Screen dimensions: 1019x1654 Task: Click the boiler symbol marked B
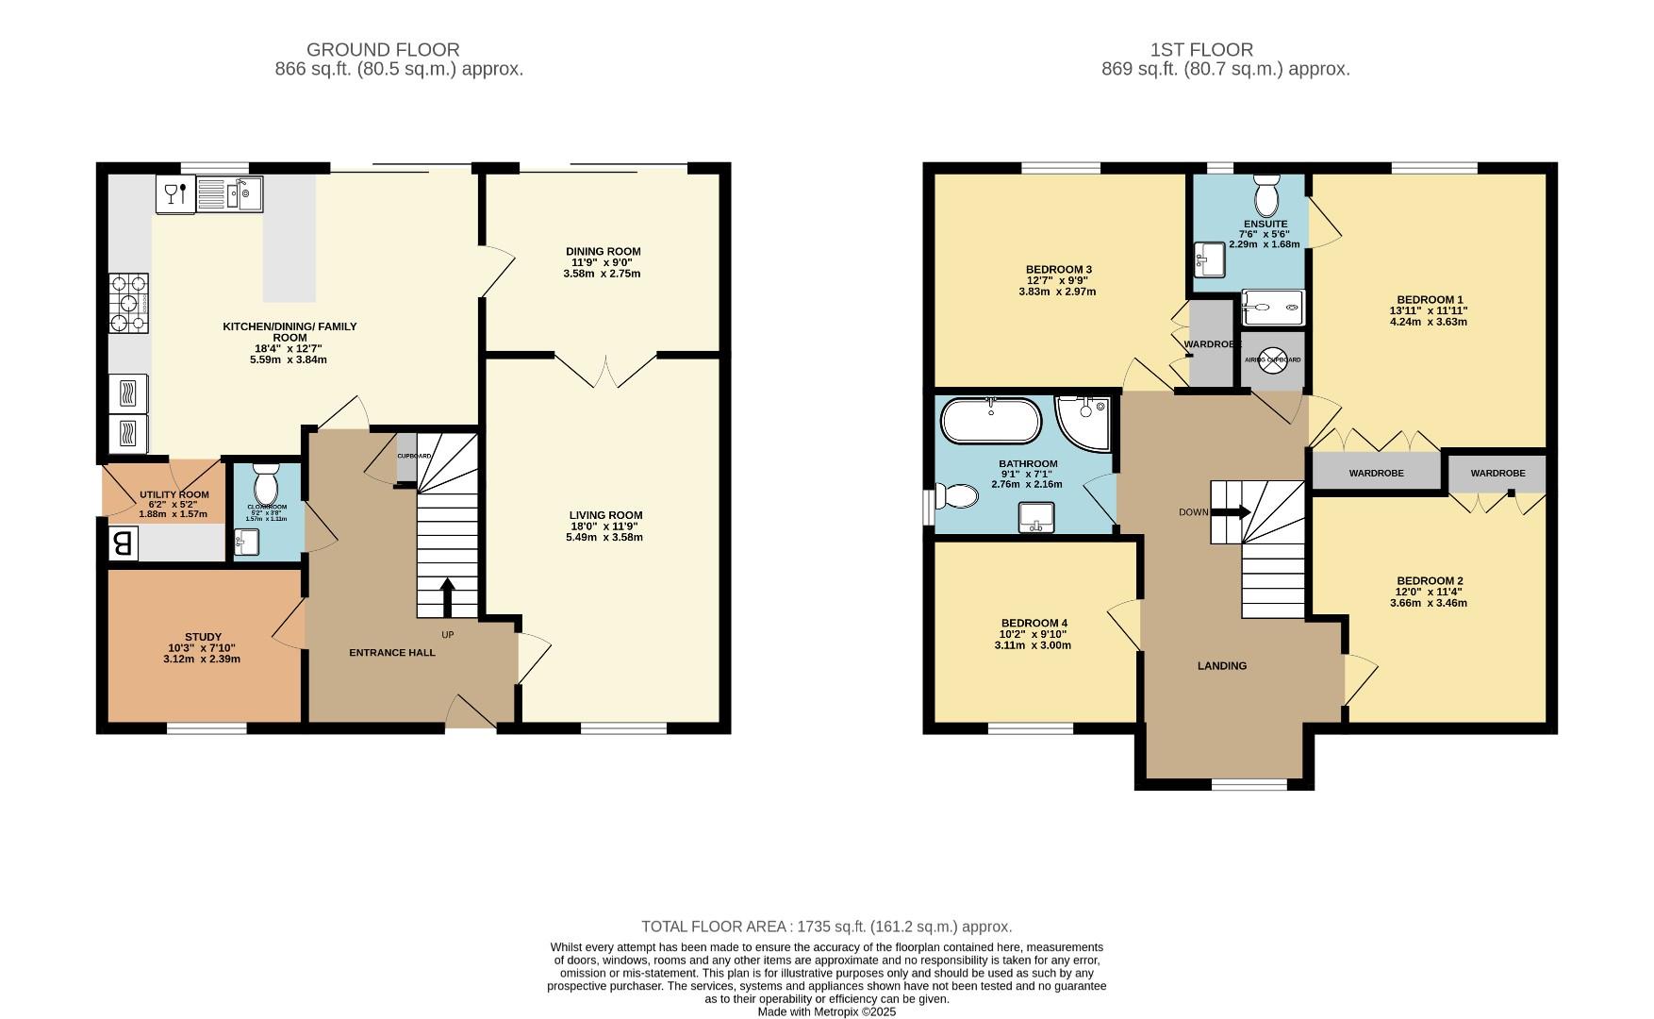click(x=123, y=543)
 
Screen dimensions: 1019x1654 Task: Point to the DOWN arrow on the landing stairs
click(x=1231, y=512)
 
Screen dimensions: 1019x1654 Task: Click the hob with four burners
click(x=129, y=304)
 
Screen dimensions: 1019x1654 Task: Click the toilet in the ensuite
click(x=1265, y=196)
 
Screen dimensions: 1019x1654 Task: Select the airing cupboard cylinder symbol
click(x=1272, y=359)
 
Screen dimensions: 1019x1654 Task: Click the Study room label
click(x=203, y=637)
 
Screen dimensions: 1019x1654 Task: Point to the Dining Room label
click(x=603, y=252)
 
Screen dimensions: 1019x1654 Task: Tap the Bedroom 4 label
click(x=1034, y=624)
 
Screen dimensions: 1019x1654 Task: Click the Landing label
click(x=1222, y=666)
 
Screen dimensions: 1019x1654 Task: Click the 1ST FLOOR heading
click(x=1201, y=50)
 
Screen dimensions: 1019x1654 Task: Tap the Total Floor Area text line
click(x=826, y=927)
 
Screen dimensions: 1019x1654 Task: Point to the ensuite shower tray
click(x=1272, y=307)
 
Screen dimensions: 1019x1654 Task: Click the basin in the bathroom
click(x=1035, y=516)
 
